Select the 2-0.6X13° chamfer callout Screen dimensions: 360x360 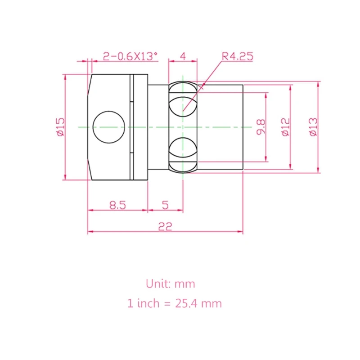pos(130,56)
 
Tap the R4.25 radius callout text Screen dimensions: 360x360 pos(237,56)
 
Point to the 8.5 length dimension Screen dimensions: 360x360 pos(117,205)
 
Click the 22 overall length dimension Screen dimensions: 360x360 pos(165,226)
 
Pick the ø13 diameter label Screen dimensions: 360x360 pos(313,126)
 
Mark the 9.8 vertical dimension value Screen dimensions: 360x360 pos(261,126)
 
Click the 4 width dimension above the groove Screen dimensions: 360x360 pos(183,56)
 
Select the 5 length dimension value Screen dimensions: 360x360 pos(165,205)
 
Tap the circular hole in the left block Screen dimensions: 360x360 pos(108,127)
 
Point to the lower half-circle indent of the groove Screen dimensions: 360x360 pos(183,148)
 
